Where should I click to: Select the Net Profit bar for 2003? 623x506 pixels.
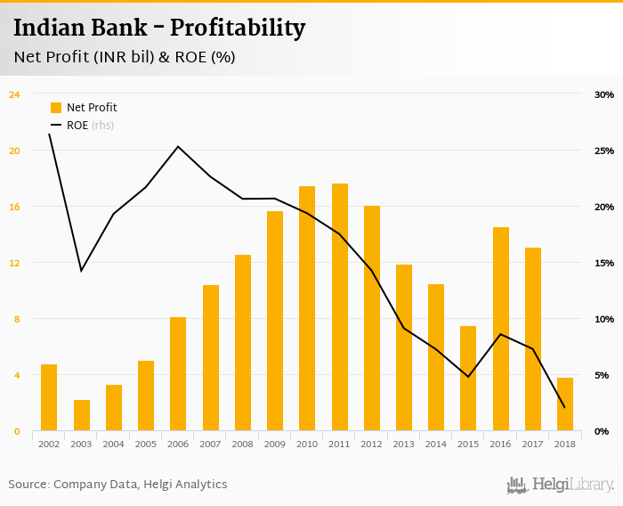82,415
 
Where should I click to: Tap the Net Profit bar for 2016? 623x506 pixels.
501,329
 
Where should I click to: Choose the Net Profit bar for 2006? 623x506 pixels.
178,374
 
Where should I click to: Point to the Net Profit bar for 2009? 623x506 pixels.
275,321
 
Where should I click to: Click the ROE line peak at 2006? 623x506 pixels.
178,147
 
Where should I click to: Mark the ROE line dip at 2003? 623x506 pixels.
82,270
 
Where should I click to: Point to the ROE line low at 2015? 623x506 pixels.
468,377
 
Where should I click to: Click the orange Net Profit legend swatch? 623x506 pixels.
56,108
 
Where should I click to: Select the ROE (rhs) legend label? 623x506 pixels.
90,126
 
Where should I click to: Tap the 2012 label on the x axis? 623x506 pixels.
372,444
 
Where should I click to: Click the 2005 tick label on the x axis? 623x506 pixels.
146,444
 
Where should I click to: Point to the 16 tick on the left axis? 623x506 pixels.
14,207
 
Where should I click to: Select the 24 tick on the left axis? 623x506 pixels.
14,94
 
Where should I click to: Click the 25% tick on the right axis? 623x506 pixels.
603,151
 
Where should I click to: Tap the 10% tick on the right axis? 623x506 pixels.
603,319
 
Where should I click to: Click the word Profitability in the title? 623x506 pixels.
239,29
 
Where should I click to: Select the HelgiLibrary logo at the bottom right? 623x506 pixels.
561,485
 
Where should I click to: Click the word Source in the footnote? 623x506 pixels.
28,485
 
